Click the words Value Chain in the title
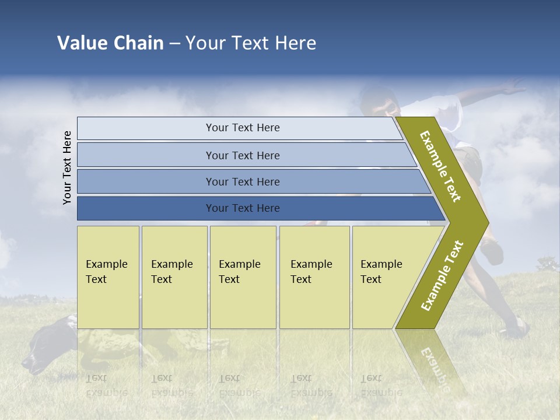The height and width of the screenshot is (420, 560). pyautogui.click(x=110, y=43)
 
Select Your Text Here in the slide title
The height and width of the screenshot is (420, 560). pyautogui.click(x=251, y=43)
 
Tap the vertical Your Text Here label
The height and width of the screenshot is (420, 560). pyautogui.click(x=67, y=167)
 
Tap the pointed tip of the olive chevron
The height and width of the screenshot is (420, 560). pyautogui.click(x=481, y=222)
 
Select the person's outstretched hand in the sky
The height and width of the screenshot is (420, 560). pyautogui.click(x=513, y=89)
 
